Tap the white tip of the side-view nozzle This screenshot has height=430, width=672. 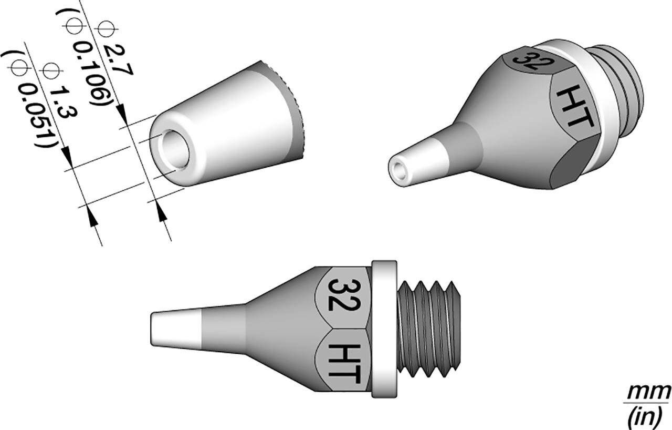(176, 330)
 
